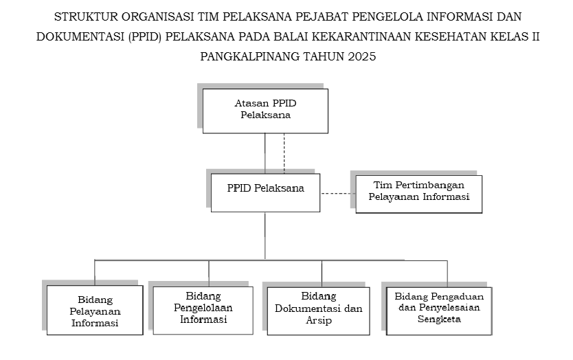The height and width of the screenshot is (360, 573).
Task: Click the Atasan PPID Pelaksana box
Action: tap(265, 111)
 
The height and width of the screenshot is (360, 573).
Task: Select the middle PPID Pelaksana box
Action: tap(265, 192)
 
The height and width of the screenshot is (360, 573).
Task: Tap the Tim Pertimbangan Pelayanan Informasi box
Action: tap(419, 194)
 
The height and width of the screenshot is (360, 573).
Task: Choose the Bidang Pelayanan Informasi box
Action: tap(95, 310)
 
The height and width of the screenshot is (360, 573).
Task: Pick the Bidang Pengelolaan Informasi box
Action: tap(203, 311)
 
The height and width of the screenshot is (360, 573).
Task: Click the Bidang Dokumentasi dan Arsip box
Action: tap(318, 311)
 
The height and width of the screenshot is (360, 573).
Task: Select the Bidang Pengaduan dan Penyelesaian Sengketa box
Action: tap(439, 311)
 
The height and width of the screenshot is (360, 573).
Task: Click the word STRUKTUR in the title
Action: tap(87, 16)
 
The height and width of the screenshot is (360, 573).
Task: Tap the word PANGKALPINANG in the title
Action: tap(250, 56)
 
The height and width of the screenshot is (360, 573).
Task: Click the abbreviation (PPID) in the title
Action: tap(145, 37)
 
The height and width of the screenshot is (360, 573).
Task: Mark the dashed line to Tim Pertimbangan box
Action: tap(338, 193)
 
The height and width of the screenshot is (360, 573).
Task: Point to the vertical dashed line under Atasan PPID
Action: tap(284, 153)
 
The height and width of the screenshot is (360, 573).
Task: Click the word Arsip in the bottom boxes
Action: tap(319, 321)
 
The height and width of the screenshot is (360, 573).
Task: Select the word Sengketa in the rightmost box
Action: tap(439, 319)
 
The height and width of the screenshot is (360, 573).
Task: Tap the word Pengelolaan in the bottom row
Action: tap(203, 308)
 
